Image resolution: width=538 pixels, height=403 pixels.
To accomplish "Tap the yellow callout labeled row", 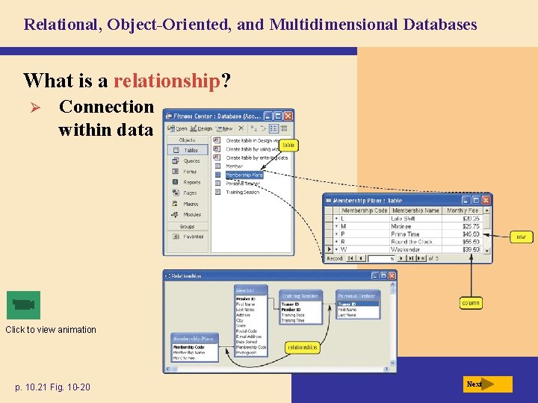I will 521,237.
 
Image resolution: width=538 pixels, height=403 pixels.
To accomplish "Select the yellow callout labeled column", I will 471,303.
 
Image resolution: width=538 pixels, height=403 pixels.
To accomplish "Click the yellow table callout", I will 288,146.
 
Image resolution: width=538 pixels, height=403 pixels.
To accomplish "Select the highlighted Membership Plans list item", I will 244,175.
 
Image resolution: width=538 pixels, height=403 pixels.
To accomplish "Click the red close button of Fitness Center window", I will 288,116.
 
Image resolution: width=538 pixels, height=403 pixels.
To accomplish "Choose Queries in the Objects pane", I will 192,160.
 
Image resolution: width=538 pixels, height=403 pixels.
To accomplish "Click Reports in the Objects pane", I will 192,182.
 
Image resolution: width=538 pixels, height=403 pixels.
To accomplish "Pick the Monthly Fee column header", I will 463,210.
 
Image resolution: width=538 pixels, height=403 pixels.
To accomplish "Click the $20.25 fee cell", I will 470,219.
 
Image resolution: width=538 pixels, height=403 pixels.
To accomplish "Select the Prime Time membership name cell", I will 405,234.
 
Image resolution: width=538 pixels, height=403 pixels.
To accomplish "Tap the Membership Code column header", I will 365,210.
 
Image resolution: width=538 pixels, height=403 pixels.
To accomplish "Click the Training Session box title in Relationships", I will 300,296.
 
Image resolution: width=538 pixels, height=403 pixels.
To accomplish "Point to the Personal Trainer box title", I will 357,296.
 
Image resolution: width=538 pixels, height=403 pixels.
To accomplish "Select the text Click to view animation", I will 51,330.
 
